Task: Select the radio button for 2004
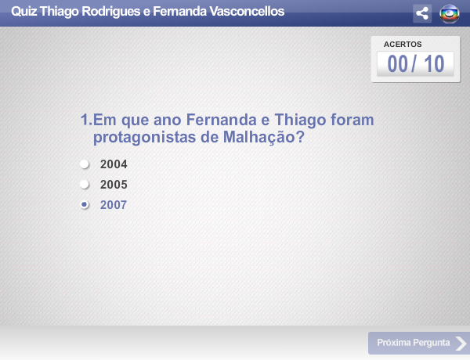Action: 85,164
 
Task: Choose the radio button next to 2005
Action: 85,184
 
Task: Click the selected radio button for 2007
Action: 85,204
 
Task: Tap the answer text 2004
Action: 114,164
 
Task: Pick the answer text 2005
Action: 114,185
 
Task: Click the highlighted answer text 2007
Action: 114,205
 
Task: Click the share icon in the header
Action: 422,13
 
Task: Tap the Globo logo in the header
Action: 450,14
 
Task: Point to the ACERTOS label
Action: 403,45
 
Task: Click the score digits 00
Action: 397,64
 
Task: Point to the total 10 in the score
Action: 434,64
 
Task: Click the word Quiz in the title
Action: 24,12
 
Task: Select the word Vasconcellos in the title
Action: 247,12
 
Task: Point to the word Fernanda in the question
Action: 221,120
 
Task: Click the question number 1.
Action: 86,120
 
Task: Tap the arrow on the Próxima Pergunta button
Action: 461,344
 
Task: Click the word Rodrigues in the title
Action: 111,12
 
